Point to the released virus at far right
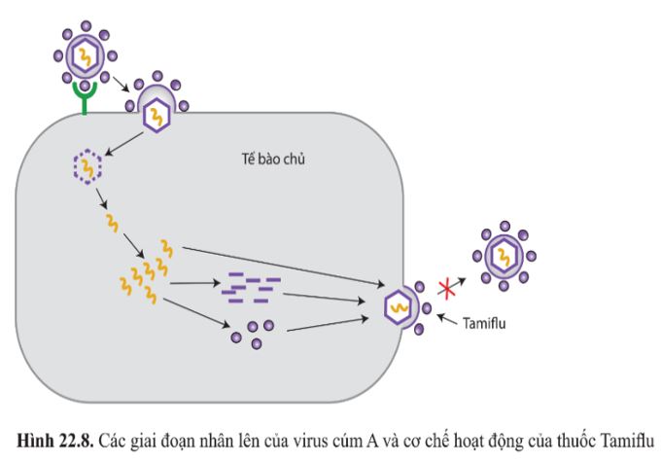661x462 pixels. click(504, 255)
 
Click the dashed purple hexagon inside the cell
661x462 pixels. click(87, 168)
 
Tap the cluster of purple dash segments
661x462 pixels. click(251, 285)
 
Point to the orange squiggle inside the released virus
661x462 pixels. click(504, 257)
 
